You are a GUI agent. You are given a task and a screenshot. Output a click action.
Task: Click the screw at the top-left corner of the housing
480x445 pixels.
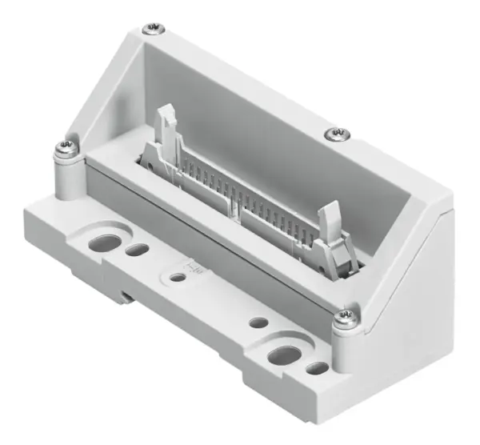click(x=151, y=30)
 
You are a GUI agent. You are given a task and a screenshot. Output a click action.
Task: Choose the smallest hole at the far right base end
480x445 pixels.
click(x=317, y=370)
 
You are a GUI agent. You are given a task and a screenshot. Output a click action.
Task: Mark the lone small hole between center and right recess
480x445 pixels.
click(x=258, y=323)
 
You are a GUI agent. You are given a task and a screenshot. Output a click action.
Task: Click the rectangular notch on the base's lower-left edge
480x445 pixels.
click(x=128, y=298)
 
